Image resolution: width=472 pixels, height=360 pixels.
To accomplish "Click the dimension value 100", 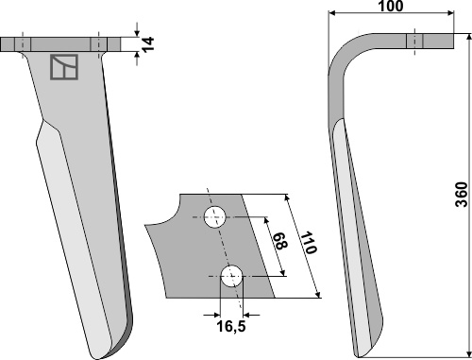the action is [390, 6].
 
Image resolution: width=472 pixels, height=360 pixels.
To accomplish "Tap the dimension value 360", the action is [463, 195].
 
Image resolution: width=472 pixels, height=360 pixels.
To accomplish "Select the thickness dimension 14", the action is [147, 44].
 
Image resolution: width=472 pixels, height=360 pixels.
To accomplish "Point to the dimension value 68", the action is [279, 241].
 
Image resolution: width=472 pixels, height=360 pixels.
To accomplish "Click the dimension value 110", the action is [308, 243].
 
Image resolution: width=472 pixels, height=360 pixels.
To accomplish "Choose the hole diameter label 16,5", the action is [231, 326].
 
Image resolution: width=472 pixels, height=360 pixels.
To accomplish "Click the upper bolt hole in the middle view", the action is [215, 217].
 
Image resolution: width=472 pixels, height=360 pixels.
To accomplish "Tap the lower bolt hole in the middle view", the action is [231, 276].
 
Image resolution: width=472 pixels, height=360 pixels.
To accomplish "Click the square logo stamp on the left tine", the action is [64, 67].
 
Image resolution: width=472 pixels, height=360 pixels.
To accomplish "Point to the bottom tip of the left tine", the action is [97, 358].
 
